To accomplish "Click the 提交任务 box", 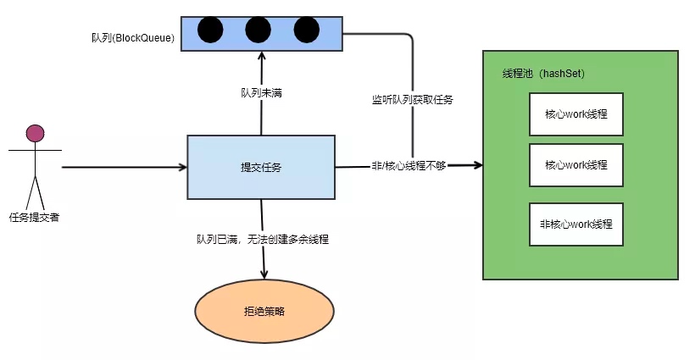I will [x=261, y=167].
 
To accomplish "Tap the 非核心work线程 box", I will [x=576, y=225].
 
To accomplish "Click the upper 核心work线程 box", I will [x=576, y=114].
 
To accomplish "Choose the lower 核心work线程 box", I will [x=576, y=165].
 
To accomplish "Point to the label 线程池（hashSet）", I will [x=544, y=75].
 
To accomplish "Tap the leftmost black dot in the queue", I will [x=210, y=30].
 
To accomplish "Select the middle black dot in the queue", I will [x=258, y=30].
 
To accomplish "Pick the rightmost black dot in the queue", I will [x=306, y=30].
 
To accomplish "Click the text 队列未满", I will [x=261, y=92].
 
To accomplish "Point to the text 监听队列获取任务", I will [x=412, y=100].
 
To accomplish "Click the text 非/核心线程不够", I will [x=409, y=166].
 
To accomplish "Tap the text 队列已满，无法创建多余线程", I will [x=263, y=240].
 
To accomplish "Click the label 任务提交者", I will [x=34, y=217].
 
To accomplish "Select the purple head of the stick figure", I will [x=35, y=133].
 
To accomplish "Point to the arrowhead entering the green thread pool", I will [x=476, y=166].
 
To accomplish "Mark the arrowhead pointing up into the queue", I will [x=261, y=54].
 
